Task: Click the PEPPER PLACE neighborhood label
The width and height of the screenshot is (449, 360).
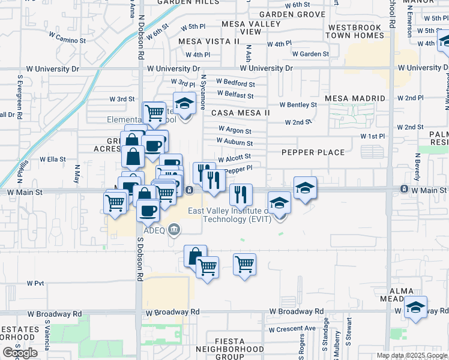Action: click(x=313, y=152)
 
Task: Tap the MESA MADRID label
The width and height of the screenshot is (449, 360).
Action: click(x=354, y=98)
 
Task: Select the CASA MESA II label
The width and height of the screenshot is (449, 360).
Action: click(x=240, y=112)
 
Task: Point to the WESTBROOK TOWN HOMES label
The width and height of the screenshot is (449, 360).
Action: click(x=354, y=31)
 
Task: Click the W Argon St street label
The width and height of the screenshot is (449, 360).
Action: click(x=235, y=130)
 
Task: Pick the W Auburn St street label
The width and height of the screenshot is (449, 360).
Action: click(x=235, y=143)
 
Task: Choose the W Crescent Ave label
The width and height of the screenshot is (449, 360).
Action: click(x=292, y=329)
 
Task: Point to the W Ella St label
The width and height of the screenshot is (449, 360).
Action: click(x=52, y=160)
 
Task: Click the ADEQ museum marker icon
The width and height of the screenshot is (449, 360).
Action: click(x=174, y=228)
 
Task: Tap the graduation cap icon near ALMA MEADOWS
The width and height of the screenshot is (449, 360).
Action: click(x=415, y=307)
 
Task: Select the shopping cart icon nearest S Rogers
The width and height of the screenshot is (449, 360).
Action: click(x=244, y=264)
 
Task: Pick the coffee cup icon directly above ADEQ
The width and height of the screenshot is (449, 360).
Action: click(x=148, y=210)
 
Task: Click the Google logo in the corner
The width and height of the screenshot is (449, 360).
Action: click(x=20, y=353)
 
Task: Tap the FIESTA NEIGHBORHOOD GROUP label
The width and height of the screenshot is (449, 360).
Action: click(x=221, y=348)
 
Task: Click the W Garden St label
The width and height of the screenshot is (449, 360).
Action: click(x=311, y=54)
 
